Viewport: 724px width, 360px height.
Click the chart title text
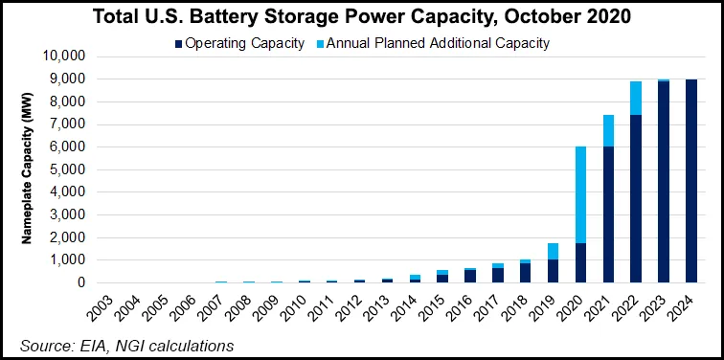pyautogui.click(x=362, y=16)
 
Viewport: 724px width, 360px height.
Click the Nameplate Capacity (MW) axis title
pyautogui.click(x=28, y=169)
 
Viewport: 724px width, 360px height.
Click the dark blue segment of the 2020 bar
pyautogui.click(x=581, y=262)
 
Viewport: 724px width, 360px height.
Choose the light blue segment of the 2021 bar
pyautogui.click(x=609, y=130)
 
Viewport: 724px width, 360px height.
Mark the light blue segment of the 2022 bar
pyautogui.click(x=637, y=98)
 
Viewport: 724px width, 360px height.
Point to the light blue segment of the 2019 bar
pyautogui.click(x=554, y=251)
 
